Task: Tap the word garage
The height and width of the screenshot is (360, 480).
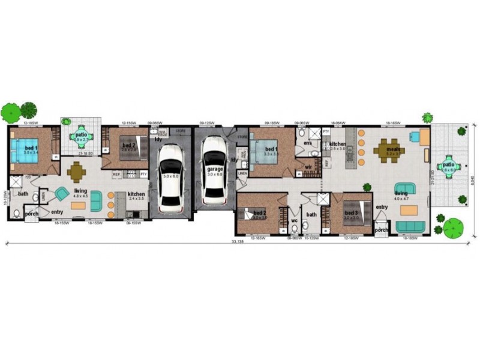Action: tap(215, 170)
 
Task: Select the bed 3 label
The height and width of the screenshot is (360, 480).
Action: tap(351, 213)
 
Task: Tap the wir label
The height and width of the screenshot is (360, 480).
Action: tap(307, 167)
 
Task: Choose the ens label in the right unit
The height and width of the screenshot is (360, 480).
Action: tap(307, 144)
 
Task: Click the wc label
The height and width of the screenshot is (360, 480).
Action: tap(294, 220)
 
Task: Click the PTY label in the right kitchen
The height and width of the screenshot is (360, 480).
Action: tap(326, 131)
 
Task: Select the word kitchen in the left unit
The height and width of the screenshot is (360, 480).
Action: tap(136, 194)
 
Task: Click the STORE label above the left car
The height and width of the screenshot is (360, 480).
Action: tap(180, 130)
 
